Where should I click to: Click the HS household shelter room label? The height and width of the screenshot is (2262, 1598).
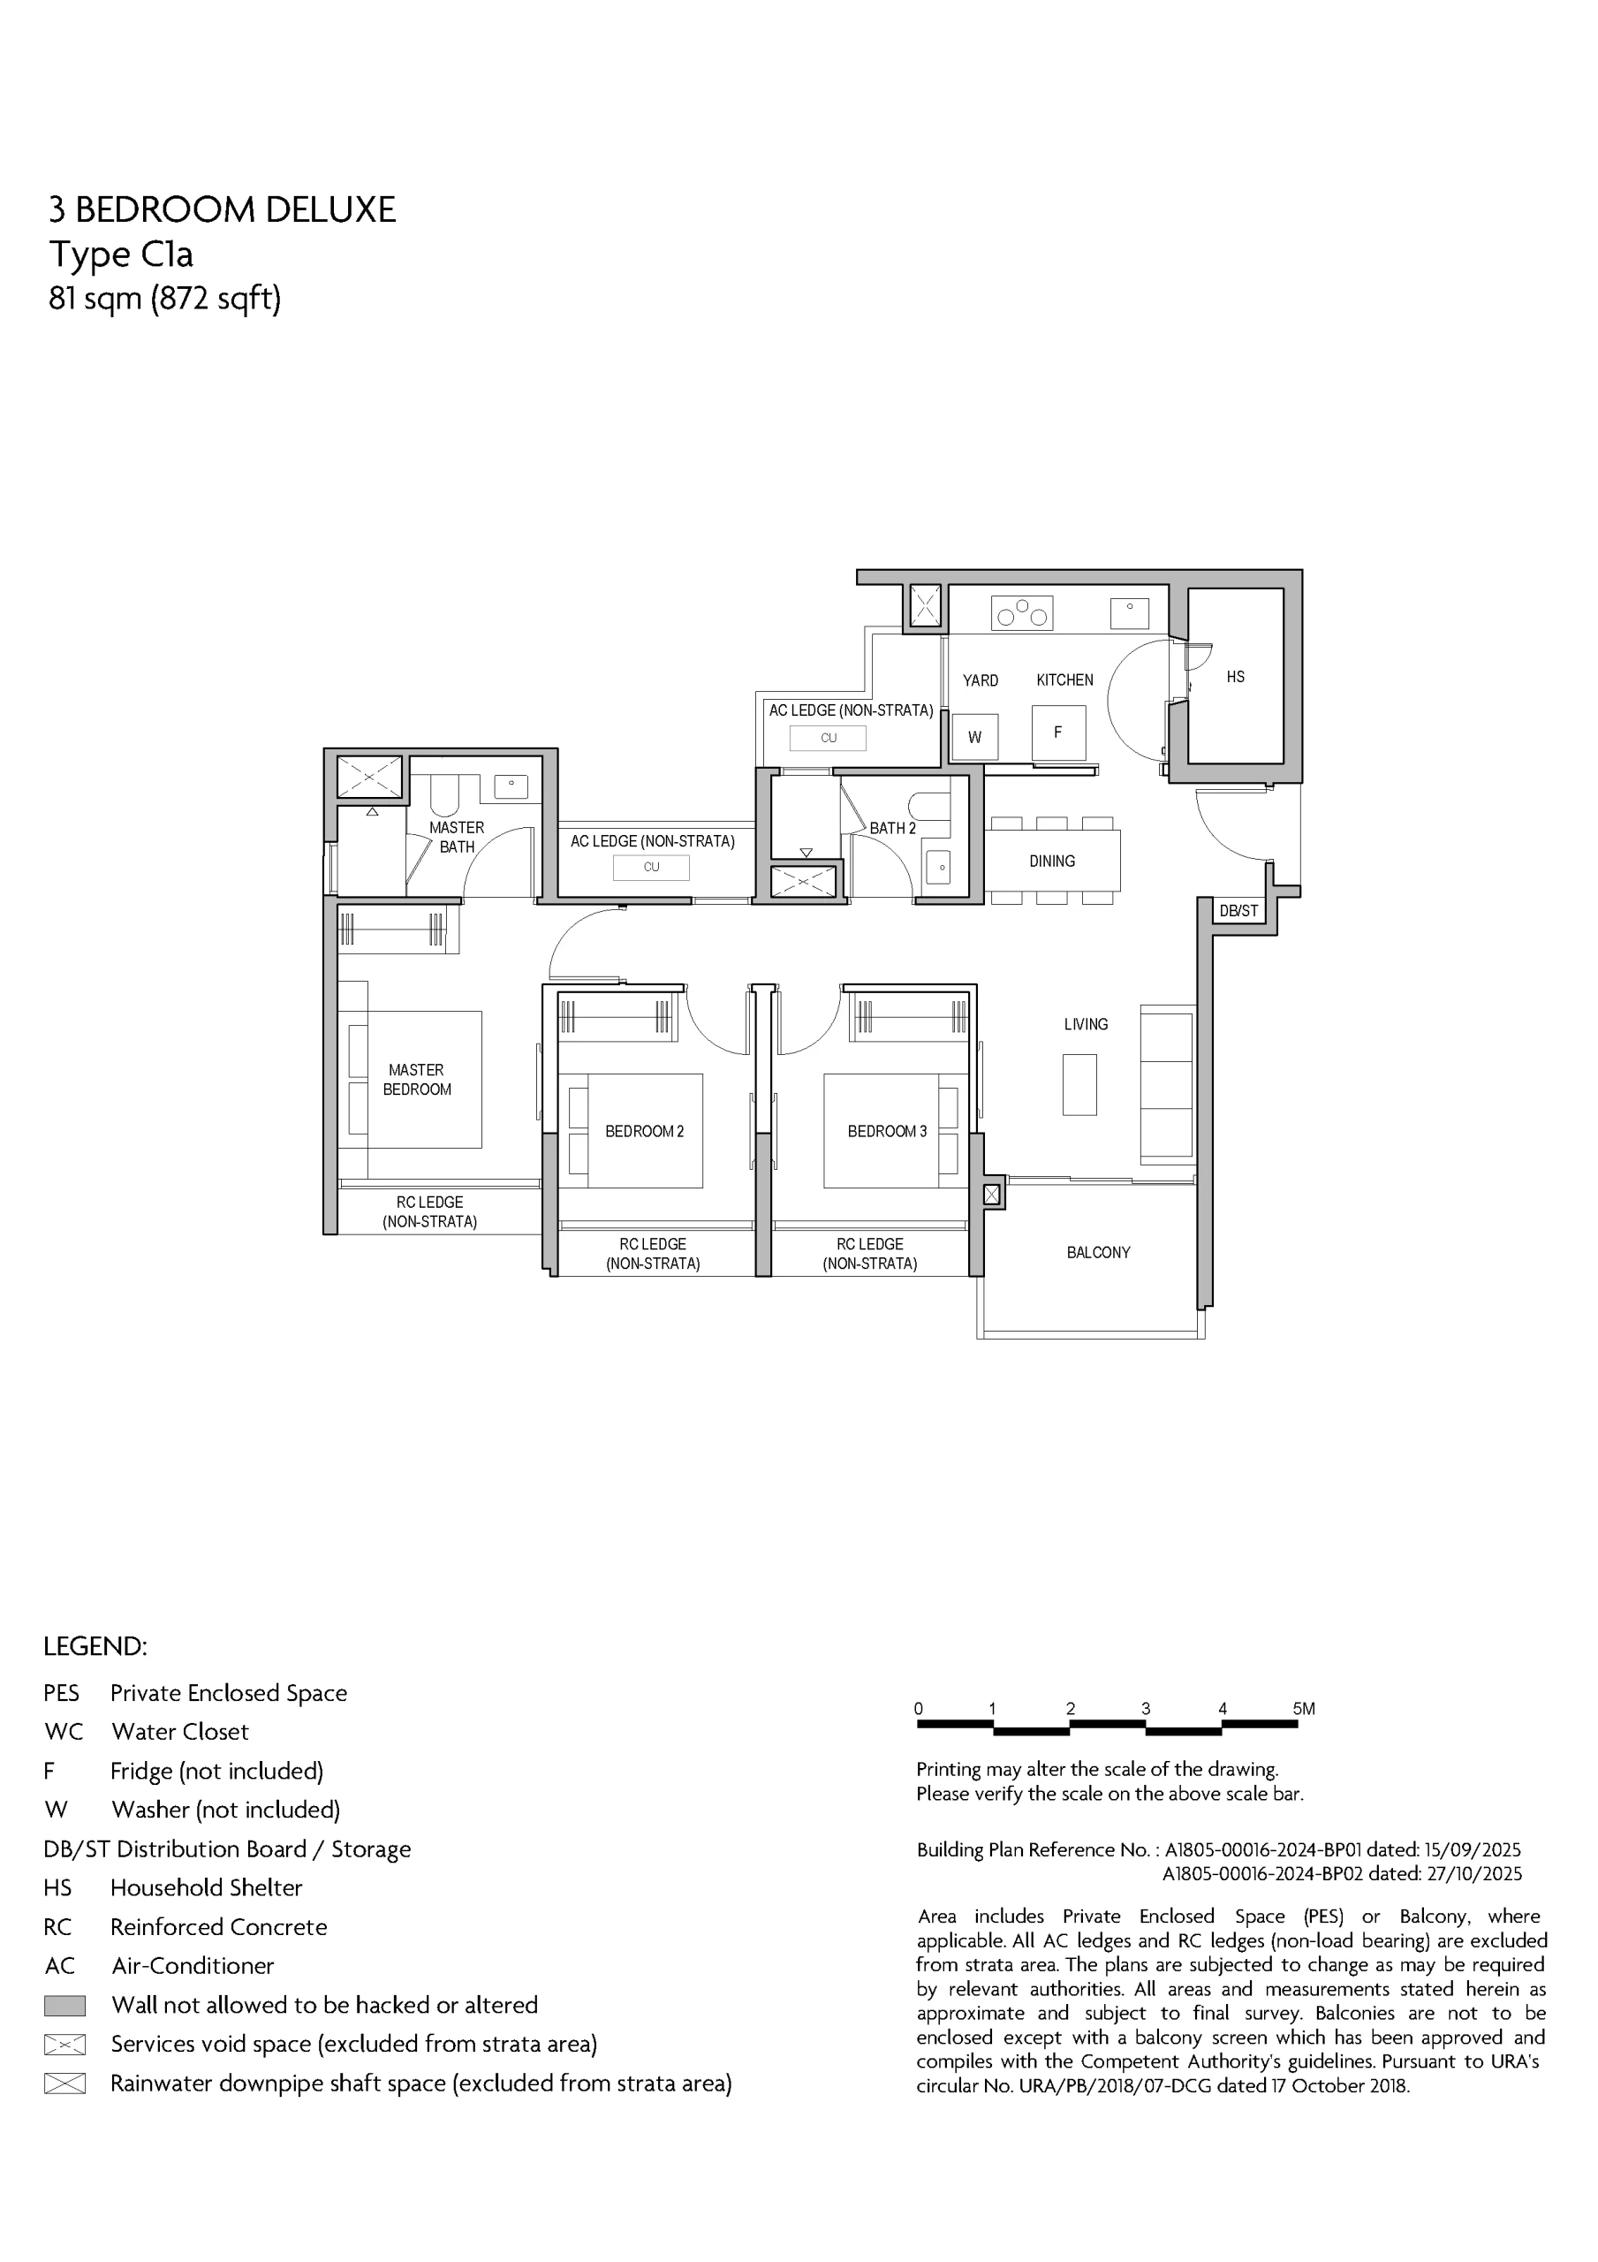[x=1236, y=677]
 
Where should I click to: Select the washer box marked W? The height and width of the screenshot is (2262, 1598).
[x=975, y=737]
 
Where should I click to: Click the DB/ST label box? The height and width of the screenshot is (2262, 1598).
[x=1238, y=911]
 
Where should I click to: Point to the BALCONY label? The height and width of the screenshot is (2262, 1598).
[x=1099, y=1253]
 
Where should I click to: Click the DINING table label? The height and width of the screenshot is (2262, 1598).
[x=1052, y=861]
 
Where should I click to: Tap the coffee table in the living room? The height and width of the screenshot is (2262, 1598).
[x=1079, y=1085]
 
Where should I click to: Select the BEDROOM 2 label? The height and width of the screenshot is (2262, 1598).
[x=644, y=1131]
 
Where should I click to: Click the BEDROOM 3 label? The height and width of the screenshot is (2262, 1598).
[x=887, y=1131]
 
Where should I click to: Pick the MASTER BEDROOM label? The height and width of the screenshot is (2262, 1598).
[x=417, y=1080]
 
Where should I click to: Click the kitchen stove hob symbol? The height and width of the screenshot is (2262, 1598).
[x=1022, y=613]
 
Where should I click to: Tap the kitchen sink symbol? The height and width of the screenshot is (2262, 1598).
[x=1129, y=613]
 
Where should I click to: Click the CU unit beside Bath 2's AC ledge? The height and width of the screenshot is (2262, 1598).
[x=829, y=738]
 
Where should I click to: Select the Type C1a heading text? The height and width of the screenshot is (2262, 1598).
[x=121, y=254]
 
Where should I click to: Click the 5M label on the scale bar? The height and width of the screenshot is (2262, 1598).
[x=1304, y=1709]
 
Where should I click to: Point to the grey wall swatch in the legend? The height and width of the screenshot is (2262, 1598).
[x=65, y=2006]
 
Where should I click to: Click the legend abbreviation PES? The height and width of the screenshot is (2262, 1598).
[x=61, y=1693]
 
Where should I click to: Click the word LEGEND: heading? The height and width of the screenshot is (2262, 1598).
[x=95, y=1646]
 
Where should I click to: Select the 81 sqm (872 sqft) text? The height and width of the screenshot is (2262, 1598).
[x=164, y=298]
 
